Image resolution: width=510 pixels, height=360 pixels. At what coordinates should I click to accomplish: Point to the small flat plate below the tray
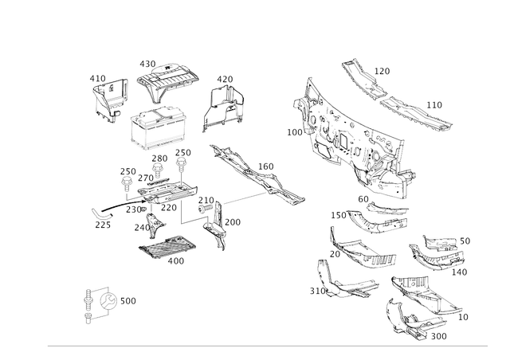(167, 248)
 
